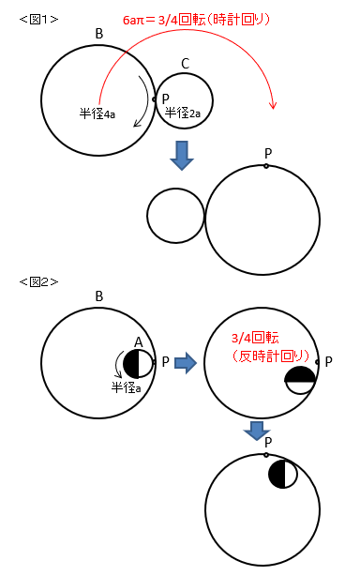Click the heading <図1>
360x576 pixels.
[x=38, y=19]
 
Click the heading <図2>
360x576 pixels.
[x=38, y=281]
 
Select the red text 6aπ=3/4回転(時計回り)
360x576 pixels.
[x=196, y=20]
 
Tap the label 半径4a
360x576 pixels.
[x=97, y=114]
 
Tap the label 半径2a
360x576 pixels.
[x=183, y=113]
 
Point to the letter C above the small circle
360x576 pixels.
[x=186, y=64]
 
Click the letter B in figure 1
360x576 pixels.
[x=99, y=34]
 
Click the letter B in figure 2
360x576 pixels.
[x=99, y=296]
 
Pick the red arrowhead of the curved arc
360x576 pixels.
[x=272, y=105]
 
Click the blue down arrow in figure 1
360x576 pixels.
[x=182, y=155]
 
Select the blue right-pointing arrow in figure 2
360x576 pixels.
[x=186, y=362]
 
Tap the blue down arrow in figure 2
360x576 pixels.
[x=257, y=431]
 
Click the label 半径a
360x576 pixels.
[x=127, y=387]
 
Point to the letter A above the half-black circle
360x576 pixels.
[x=139, y=342]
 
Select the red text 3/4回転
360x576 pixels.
[x=255, y=338]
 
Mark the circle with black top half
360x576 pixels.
[x=300, y=380]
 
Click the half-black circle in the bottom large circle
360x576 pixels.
[x=282, y=474]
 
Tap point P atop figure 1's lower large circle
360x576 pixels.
[x=266, y=166]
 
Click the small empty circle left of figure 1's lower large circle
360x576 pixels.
[x=175, y=216]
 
